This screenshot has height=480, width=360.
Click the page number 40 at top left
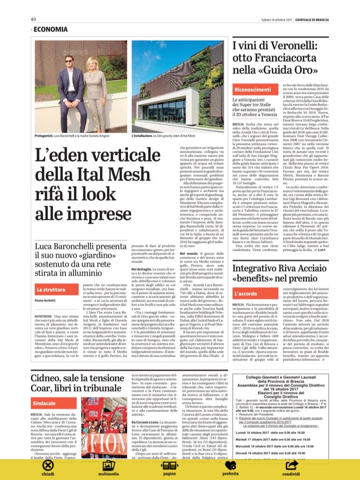click(33, 19)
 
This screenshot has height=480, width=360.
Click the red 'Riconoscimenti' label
click(253, 89)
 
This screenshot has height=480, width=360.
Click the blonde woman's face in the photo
click(96, 66)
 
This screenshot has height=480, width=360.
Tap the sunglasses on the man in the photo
click(69, 61)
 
